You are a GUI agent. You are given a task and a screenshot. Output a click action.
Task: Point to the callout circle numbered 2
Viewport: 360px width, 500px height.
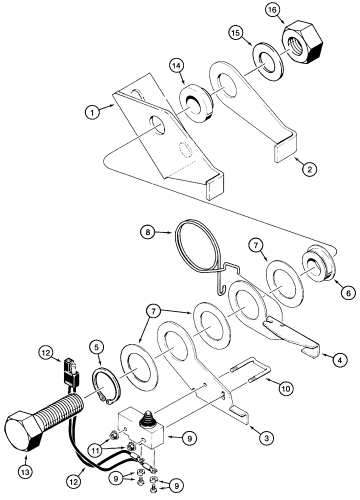[x=309, y=169]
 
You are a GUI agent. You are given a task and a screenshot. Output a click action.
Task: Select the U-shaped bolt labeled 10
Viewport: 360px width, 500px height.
[x=252, y=376]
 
